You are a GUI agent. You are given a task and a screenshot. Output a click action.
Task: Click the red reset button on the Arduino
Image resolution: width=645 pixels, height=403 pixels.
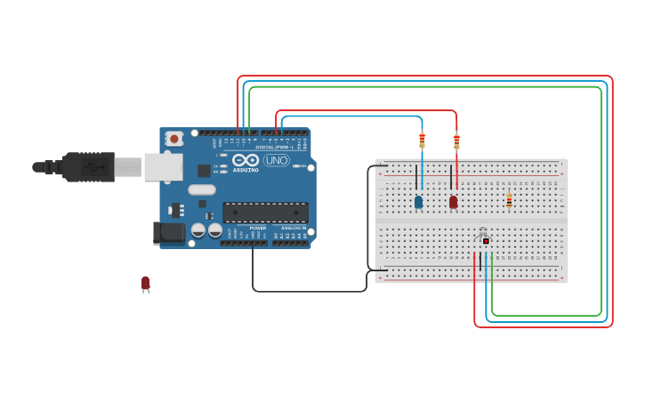click(x=174, y=138)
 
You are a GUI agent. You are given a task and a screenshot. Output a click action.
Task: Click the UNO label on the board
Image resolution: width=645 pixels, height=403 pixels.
click(x=276, y=161)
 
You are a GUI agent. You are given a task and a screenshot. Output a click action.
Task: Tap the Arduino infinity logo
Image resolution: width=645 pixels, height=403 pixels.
click(x=246, y=159)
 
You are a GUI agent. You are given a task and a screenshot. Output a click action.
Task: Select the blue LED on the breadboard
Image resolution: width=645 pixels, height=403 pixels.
click(x=418, y=202)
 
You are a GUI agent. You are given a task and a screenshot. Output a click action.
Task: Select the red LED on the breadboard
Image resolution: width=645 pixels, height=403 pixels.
click(x=453, y=202)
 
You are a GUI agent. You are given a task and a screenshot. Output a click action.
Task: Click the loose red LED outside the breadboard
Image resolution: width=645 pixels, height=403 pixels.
click(x=145, y=283)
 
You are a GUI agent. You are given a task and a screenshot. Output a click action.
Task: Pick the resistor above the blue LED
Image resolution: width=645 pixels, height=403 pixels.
click(x=422, y=140)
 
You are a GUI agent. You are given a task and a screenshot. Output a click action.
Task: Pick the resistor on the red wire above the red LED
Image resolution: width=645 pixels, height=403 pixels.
click(x=456, y=140)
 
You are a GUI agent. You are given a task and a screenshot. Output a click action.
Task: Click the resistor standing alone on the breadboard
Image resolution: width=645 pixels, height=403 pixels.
click(x=509, y=201)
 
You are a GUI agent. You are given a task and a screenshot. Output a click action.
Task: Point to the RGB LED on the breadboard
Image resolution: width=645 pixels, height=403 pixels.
click(x=485, y=240)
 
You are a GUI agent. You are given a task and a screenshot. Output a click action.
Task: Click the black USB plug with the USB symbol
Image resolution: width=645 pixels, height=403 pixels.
click(x=88, y=166)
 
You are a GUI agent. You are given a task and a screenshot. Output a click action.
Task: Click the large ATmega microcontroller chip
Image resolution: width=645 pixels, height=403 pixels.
click(x=265, y=213)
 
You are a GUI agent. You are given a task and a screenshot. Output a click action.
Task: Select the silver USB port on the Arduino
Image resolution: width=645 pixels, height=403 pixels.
click(x=163, y=166)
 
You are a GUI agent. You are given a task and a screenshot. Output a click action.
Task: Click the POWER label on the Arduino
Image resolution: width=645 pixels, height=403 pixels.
click(x=257, y=229)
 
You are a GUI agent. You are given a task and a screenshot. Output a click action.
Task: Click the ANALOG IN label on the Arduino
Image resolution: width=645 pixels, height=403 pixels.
click(x=293, y=229)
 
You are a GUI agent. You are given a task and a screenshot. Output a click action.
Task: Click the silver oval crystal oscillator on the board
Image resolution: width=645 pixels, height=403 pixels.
click(x=202, y=189)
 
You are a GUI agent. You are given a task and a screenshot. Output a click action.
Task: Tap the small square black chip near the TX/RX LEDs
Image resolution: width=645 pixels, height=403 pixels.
click(x=204, y=170)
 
